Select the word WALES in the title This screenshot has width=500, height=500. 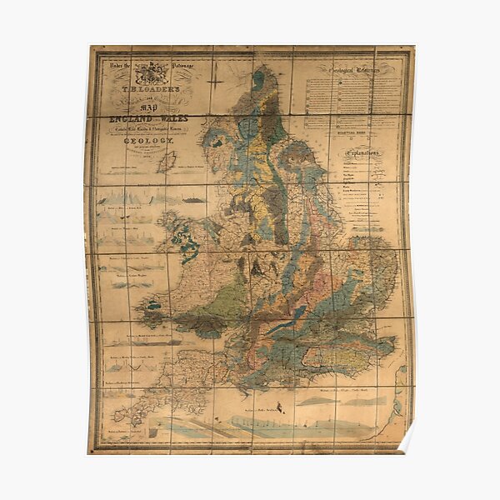point(173,119)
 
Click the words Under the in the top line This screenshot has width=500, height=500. point(114,61)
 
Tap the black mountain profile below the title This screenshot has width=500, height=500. point(191,200)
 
